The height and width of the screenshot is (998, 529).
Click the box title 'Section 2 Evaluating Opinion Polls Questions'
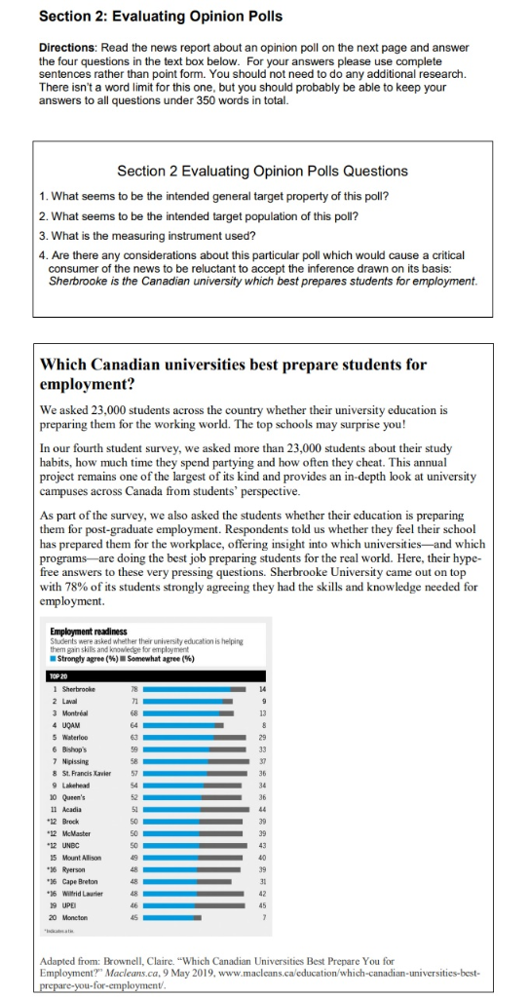262,171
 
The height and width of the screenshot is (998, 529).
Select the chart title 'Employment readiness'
89,632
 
